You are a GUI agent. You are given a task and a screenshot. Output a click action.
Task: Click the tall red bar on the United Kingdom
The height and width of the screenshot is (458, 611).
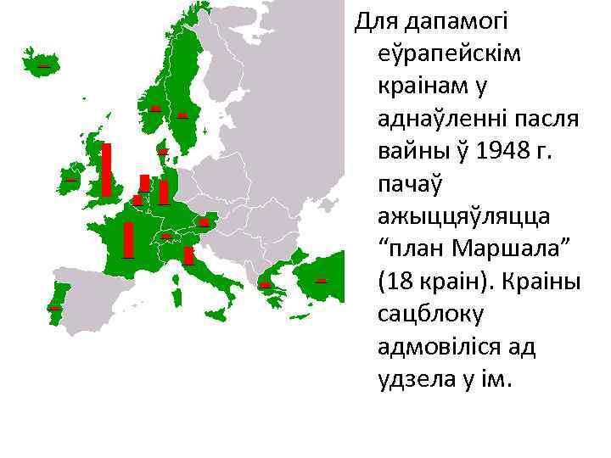(x=106, y=170)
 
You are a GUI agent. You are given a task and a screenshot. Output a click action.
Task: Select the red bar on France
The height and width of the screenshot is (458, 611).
(x=128, y=239)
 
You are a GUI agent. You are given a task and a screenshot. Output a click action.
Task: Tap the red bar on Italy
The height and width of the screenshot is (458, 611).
(x=188, y=255)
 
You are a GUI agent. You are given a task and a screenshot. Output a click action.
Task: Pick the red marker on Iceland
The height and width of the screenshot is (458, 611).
(x=42, y=65)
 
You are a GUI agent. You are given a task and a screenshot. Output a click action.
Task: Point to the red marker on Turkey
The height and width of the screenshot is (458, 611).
(x=321, y=280)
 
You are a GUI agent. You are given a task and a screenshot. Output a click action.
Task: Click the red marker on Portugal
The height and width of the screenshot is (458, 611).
(x=54, y=307)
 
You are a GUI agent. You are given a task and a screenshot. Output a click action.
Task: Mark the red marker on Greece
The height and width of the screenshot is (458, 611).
(x=265, y=285)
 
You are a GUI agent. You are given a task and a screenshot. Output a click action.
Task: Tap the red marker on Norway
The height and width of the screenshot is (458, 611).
(x=155, y=109)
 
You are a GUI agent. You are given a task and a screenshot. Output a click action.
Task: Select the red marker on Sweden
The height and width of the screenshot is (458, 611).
(x=182, y=115)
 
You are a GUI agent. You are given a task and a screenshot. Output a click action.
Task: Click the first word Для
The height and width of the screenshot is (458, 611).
(x=375, y=20)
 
